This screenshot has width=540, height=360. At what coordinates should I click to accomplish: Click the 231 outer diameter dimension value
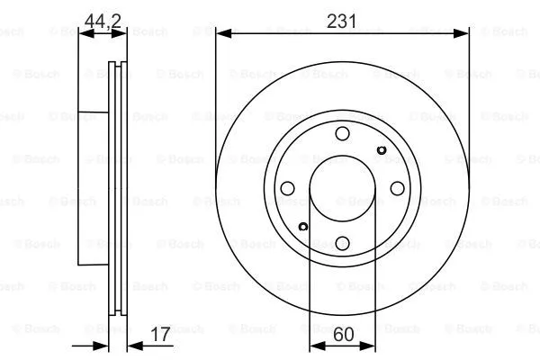tap(341, 19)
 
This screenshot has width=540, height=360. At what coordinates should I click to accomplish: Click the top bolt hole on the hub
tap(342, 135)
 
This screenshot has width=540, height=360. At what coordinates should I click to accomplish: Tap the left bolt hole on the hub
tap(288, 188)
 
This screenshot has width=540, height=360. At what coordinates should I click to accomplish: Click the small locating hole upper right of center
tap(380, 150)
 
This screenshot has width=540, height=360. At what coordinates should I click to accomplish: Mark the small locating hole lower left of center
tap(303, 226)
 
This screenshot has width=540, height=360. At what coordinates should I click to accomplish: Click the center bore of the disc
tap(342, 188)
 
